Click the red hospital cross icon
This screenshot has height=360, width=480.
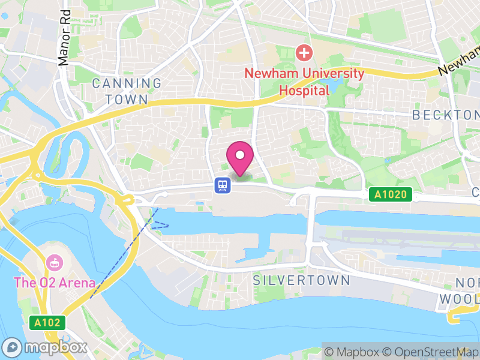point(305,53)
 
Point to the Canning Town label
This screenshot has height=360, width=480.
point(127,91)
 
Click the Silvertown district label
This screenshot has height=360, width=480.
point(301,280)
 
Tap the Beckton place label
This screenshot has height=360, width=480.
point(445,115)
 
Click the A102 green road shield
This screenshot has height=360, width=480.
point(47,323)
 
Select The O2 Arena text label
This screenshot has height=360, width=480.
point(55,282)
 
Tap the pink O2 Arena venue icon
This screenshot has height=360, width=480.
point(54,263)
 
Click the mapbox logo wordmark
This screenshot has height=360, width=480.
point(46,347)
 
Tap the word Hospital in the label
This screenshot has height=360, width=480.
point(305,91)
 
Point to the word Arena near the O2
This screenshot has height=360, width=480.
point(77,282)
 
